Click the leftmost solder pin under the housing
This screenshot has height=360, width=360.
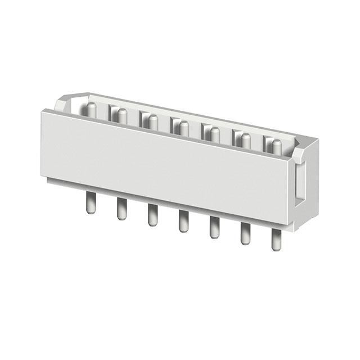pos(90,203)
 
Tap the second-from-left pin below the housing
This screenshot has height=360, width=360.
pos(121,209)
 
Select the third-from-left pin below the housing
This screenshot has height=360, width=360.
pos(152,215)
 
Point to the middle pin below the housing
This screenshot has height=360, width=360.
pos(183,221)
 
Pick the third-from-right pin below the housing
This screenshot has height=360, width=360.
pos(214,227)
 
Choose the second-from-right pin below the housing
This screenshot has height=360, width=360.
pos(245,233)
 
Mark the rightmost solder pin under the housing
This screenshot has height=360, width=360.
pos(276,240)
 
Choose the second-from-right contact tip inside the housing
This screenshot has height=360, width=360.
pos(245,139)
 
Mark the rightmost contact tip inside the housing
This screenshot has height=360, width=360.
pos(276,145)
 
